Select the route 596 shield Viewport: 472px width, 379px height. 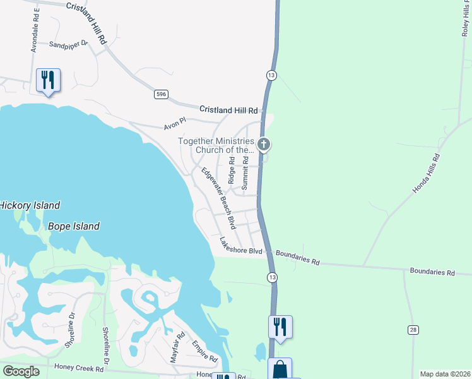point(162,94)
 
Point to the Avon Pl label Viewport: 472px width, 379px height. point(175,123)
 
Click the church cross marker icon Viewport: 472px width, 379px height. point(264,145)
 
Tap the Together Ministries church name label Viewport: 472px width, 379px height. point(216,145)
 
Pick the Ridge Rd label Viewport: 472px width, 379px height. point(232,171)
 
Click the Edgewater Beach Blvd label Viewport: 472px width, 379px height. point(218,198)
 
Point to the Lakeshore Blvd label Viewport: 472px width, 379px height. point(241,246)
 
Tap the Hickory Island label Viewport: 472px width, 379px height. point(29,205)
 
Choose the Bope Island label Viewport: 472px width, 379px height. point(73,226)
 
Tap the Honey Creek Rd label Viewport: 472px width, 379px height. point(80,366)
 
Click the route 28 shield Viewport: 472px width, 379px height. point(413,330)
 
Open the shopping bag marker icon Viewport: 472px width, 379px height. point(280,369)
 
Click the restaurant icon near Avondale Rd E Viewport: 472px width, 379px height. point(48,80)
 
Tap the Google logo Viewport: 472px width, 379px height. point(20,371)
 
